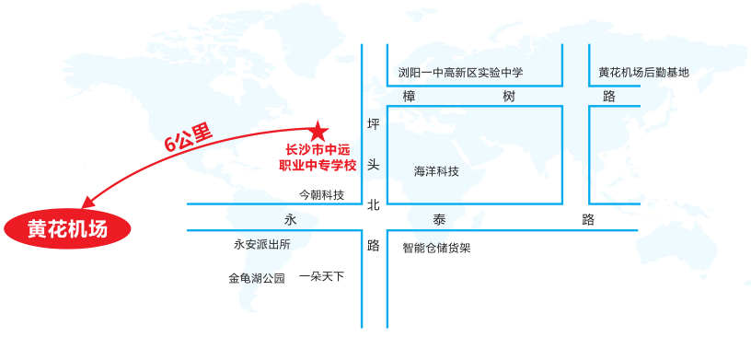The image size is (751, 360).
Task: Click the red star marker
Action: point(318,131)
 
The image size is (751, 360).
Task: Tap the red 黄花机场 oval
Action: point(67,229)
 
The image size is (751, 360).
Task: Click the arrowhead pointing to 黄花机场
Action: point(87,203)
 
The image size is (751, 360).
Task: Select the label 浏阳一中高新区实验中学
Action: point(459,73)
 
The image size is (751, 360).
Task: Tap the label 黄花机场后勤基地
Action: point(643,73)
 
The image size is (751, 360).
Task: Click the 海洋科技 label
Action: point(436,171)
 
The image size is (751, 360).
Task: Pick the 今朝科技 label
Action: point(321,195)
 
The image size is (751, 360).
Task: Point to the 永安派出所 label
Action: point(262,245)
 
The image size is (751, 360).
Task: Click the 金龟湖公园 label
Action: point(257,277)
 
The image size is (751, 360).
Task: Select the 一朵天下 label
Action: point(321,275)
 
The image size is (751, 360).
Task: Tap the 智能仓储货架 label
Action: point(436,248)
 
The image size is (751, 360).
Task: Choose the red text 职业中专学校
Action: point(317,166)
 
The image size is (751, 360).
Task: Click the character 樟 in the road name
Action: point(410,97)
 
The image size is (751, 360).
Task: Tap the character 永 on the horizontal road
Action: point(291,220)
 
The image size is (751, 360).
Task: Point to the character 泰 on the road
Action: point(438,220)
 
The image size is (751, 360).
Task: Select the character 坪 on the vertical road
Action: point(373,124)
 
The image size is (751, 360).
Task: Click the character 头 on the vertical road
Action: point(373,165)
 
